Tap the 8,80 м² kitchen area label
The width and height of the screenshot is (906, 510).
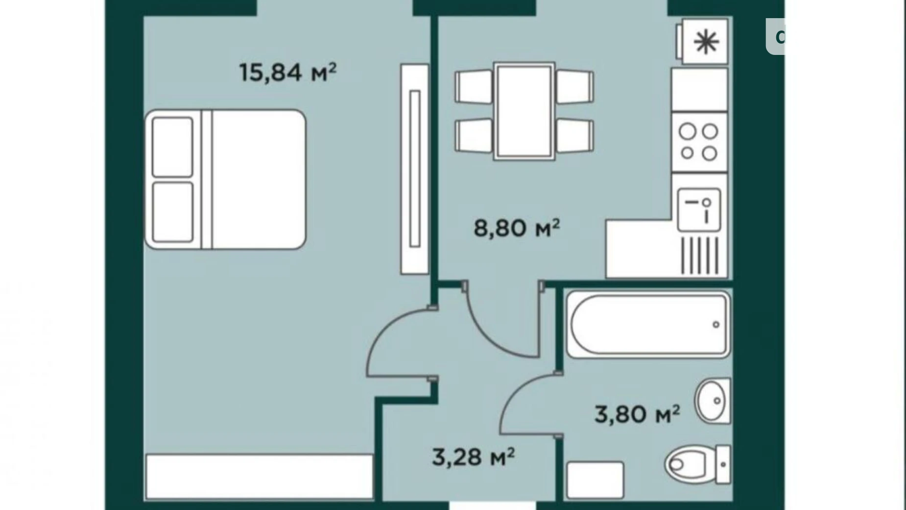click(x=517, y=228)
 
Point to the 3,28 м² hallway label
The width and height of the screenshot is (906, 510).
click(x=473, y=457)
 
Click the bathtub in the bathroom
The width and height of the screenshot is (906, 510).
click(x=648, y=325)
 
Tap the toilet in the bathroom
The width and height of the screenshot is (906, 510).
click(x=697, y=463)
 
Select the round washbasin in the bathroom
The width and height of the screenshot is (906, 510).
click(x=713, y=401)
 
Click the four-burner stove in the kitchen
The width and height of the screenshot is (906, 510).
click(x=699, y=142)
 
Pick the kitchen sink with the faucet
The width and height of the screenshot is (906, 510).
click(x=699, y=210)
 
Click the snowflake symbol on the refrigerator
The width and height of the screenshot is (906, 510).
click(x=706, y=41)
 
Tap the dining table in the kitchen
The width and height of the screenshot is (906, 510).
click(x=524, y=111)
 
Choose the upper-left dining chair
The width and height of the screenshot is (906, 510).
click(x=474, y=87)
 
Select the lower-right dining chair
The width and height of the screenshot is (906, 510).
click(x=575, y=135)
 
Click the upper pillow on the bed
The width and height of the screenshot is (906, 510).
click(x=172, y=147)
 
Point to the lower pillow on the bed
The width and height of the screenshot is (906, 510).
click(x=172, y=212)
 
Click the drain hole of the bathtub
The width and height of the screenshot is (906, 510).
click(x=716, y=325)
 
